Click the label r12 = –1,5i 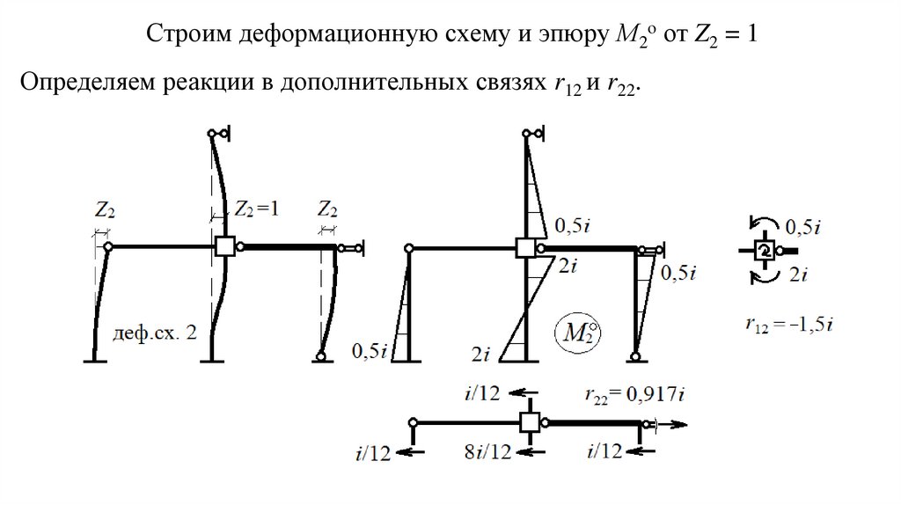(787, 325)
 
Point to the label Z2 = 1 (257, 209)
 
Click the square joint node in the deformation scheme (224, 247)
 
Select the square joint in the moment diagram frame (526, 247)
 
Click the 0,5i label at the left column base (370, 351)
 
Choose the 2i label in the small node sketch (798, 274)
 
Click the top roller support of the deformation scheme (218, 134)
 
